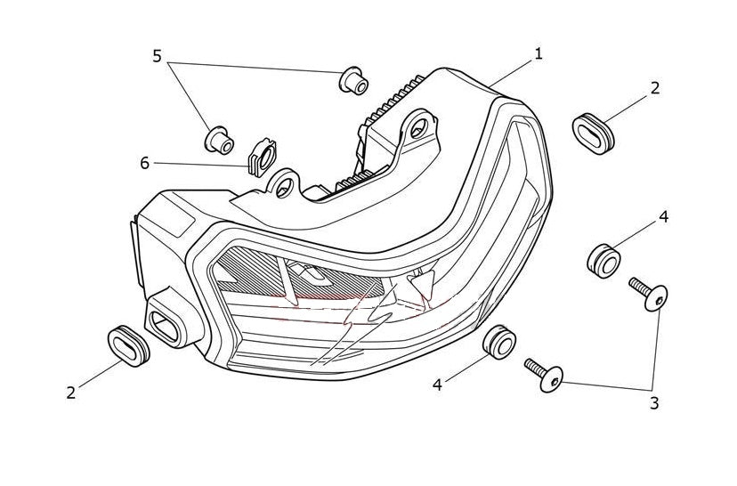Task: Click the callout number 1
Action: [538, 54]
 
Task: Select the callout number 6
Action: [145, 163]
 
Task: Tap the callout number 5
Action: [157, 57]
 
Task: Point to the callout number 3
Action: [653, 403]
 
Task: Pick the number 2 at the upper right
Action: [654, 87]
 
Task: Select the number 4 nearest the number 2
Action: [663, 216]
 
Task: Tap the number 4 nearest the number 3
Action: [438, 385]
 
